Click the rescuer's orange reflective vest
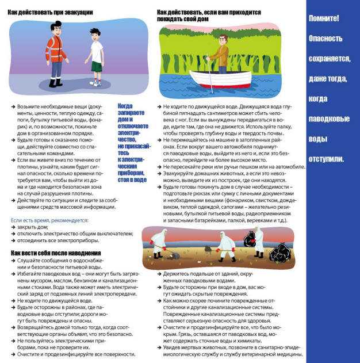[56, 49]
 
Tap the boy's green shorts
[96, 66]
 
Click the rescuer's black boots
[55, 83]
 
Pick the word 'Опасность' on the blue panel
[325, 39]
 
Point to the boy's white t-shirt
[97, 52]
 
